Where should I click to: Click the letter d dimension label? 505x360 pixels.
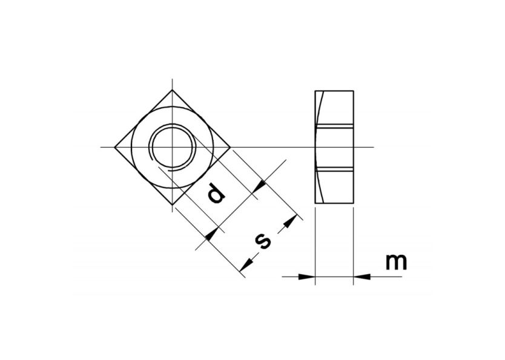coord(215,193)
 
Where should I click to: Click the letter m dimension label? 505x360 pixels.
coord(396,262)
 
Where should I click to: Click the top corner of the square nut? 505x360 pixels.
coord(173,90)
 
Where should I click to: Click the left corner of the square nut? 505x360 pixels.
coord(114,147)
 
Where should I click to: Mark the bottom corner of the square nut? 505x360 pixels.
coord(173,206)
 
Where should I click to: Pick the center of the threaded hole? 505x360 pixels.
coord(173,147)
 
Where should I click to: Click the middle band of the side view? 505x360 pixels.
coord(334,147)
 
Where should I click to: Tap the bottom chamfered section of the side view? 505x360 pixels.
coord(334,187)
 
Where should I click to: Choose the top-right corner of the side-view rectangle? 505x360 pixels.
coord(354,90)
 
